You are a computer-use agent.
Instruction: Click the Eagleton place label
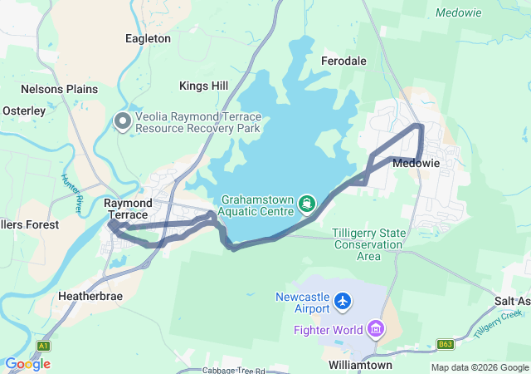(x=148, y=38)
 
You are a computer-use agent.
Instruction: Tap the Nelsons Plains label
(x=59, y=89)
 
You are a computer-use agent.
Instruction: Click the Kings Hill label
(x=203, y=86)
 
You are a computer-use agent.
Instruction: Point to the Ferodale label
(x=343, y=61)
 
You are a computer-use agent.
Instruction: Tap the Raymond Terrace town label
(x=128, y=209)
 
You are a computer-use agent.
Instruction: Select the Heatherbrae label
(x=92, y=295)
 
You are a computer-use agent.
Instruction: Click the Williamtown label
(x=359, y=365)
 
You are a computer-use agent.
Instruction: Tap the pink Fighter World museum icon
(x=376, y=330)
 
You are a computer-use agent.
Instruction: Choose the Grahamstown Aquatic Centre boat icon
(x=307, y=203)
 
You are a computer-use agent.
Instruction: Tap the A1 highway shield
(x=44, y=344)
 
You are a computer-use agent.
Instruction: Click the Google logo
(x=28, y=363)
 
